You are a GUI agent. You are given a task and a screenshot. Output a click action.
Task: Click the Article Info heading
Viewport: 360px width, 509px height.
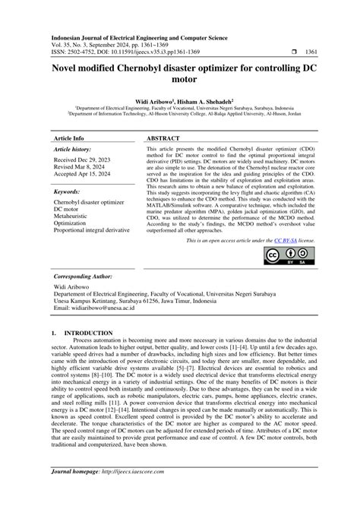click(68, 139)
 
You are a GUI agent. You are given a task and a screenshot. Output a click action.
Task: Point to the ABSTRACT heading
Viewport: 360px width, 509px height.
click(162, 139)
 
